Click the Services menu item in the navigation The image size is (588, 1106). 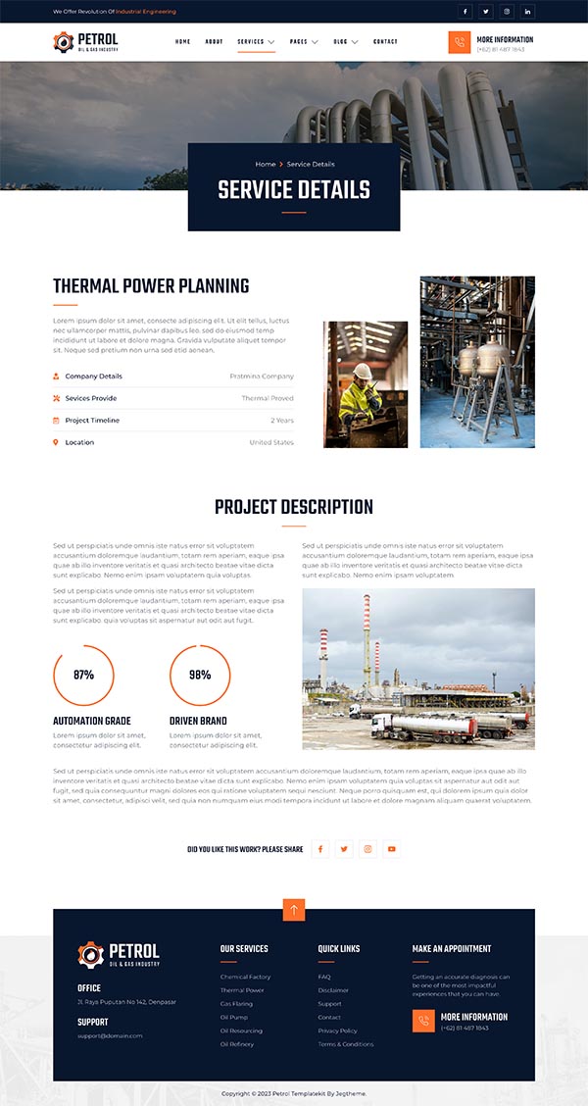251,42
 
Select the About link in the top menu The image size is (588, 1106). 214,42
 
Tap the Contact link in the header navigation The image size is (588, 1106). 385,42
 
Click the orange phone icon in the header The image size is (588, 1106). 460,42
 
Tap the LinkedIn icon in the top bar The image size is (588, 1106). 528,12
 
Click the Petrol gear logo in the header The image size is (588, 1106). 64,42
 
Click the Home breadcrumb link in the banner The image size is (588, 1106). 265,164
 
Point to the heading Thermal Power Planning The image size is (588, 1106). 151,286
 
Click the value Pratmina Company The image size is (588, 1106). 262,377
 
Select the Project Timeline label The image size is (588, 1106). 92,421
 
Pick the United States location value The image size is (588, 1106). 271,443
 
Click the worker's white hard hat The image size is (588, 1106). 363,371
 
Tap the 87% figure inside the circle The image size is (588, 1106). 83,676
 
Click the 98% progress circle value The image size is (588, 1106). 200,676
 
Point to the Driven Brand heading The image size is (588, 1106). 198,722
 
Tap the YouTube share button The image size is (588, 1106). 391,849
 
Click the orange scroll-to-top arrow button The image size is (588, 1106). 294,910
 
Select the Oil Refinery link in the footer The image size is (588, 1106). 237,1044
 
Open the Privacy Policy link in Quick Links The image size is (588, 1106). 337,1031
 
